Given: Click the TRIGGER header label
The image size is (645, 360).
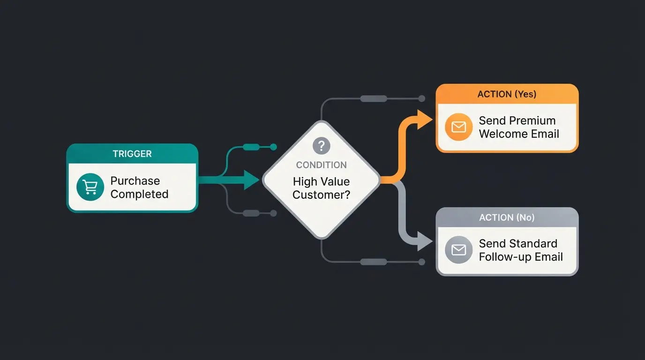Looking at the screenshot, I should (132, 154).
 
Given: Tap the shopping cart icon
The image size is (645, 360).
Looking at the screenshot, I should (90, 187).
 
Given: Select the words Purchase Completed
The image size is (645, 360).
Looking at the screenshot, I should (139, 187).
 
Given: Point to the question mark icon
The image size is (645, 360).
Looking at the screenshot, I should (322, 146).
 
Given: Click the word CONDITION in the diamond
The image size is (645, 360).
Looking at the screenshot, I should (322, 165).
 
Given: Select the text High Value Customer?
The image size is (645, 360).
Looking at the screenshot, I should (322, 188).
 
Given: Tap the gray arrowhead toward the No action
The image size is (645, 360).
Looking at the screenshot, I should (425, 243).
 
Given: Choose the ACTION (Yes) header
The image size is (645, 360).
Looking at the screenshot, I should (507, 94).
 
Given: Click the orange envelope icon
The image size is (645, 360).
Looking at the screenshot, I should (458, 127).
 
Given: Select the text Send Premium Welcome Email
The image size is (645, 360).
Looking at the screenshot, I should (519, 127).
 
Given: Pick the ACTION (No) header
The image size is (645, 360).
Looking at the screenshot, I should (507, 217).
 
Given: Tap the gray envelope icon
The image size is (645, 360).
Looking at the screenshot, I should (458, 250).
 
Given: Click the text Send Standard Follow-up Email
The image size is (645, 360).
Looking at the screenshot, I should (520, 250).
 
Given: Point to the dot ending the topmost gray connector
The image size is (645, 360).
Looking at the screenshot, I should (421, 98).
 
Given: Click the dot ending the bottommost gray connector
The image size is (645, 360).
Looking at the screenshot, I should (421, 262).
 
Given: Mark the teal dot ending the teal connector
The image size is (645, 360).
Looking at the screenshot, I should (274, 147).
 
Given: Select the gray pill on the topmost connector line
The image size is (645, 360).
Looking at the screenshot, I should (374, 98).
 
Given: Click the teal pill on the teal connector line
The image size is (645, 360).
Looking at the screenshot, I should (251, 147).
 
